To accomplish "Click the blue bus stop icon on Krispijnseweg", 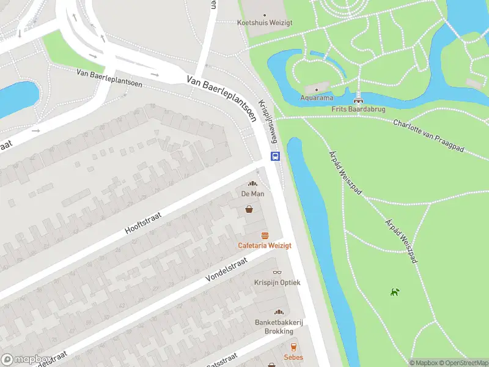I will tap(276, 157).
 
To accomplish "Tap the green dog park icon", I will tap(395, 292).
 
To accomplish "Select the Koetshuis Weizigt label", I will tap(264, 23).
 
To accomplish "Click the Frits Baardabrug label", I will tap(358, 109).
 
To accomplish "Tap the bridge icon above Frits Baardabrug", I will tap(358, 99).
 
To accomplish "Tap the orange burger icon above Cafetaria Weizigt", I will tap(265, 235).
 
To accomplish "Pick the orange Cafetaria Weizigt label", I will tap(265, 245).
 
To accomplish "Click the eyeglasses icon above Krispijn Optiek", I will tap(277, 273).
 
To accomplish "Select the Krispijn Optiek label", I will tap(277, 283).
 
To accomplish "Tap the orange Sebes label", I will tap(293, 357).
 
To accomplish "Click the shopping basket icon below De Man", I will tap(250, 209).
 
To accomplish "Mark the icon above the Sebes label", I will tap(293, 347).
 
